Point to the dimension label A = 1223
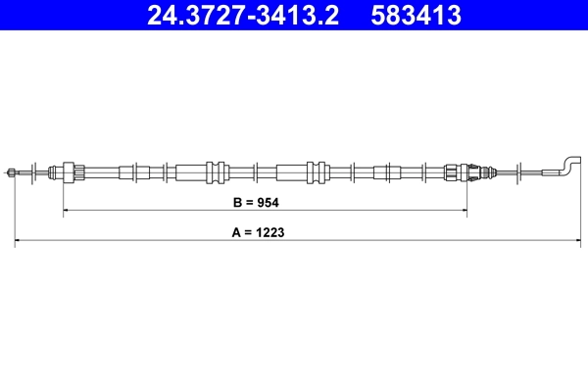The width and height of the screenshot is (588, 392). [x=265, y=234]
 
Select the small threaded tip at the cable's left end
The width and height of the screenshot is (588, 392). [x=12, y=172]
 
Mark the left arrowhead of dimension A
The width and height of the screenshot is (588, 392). [x=18, y=239]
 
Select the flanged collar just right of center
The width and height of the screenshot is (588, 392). [x=316, y=171]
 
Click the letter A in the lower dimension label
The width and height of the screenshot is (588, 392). [x=236, y=234]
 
